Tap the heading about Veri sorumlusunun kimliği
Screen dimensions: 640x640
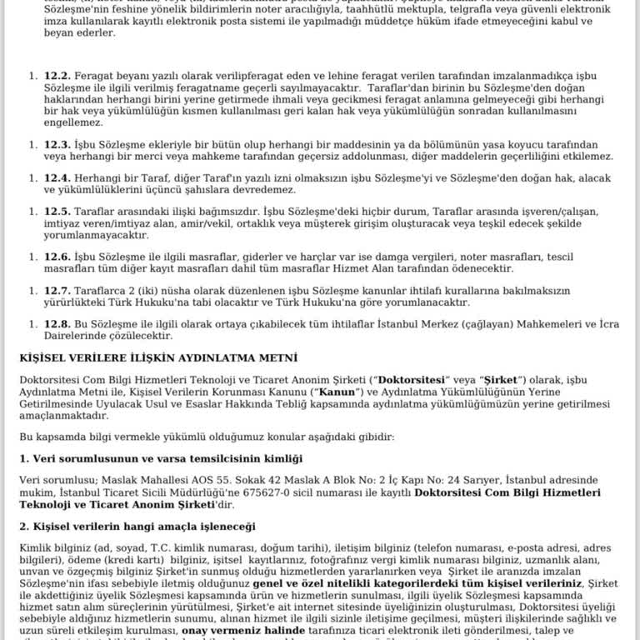[161, 458]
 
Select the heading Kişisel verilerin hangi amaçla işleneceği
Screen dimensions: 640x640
[137, 527]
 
